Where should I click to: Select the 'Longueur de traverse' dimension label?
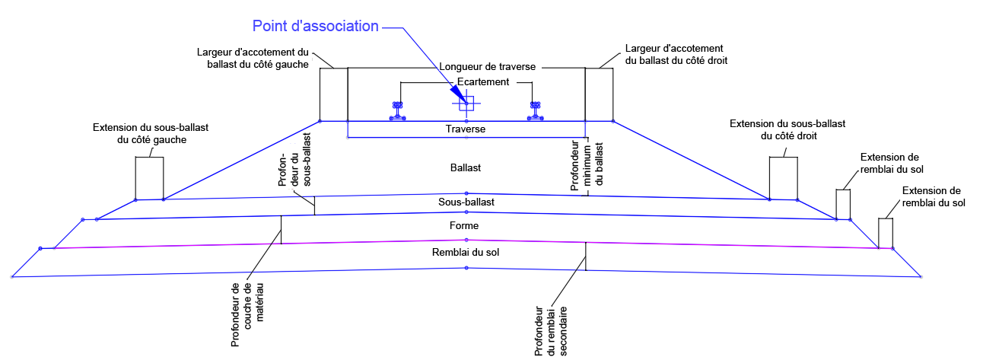(x=488, y=67)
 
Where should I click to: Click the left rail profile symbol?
(x=397, y=110)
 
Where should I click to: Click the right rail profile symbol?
(x=536, y=110)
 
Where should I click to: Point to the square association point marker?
(x=466, y=103)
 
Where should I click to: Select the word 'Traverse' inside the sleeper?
(x=466, y=129)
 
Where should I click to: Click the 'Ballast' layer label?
(x=466, y=167)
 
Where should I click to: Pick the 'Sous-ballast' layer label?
(x=466, y=202)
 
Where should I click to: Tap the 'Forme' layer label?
(x=466, y=226)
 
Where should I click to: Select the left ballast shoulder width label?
(x=252, y=59)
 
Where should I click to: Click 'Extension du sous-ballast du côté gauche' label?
(x=139, y=133)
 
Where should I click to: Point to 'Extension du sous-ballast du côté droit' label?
(x=787, y=129)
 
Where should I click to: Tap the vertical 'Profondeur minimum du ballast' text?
(x=587, y=167)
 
